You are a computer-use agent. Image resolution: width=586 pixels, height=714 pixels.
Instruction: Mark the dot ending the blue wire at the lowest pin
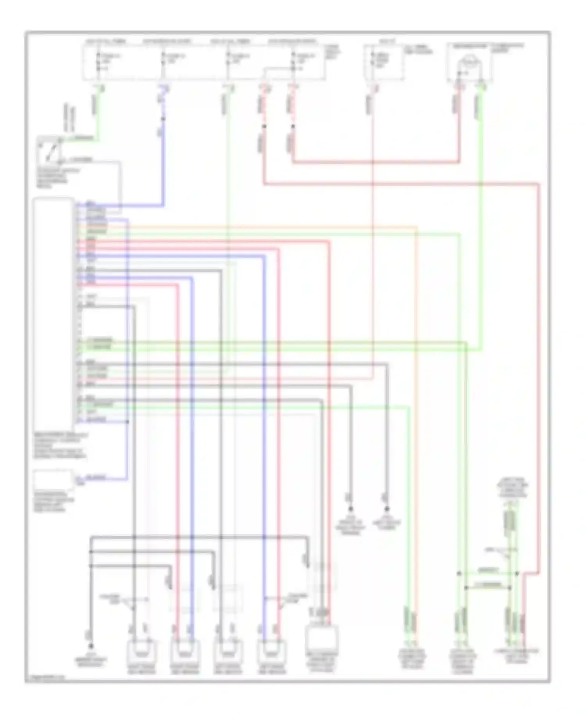point(127,422)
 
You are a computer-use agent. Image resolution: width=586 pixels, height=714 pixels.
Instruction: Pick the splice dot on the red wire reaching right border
point(264,126)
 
